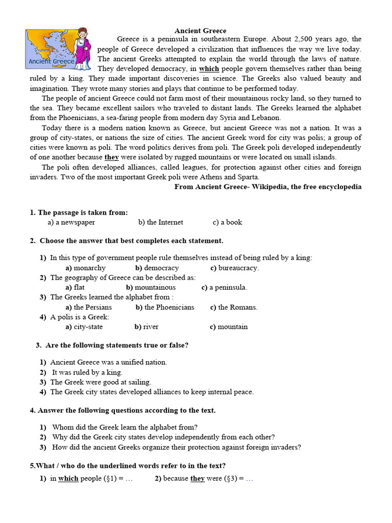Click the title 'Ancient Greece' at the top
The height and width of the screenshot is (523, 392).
click(201, 31)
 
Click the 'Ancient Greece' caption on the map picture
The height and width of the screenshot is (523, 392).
click(52, 62)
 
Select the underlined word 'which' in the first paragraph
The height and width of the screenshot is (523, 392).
click(209, 69)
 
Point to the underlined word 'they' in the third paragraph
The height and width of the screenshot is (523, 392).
click(111, 157)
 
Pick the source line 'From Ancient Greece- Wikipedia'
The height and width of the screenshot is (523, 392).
click(267, 187)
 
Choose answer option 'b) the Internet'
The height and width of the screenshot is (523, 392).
click(160, 222)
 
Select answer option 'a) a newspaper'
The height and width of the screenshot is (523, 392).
click(71, 222)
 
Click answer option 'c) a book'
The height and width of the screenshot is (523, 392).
click(227, 222)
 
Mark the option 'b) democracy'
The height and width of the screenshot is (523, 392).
click(157, 268)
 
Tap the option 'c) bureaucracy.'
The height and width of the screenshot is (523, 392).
click(234, 268)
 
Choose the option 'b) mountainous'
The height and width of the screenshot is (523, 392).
click(151, 288)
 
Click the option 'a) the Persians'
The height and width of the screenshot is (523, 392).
click(88, 307)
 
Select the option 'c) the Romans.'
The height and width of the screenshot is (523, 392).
click(234, 307)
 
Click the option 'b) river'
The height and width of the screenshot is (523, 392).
click(146, 327)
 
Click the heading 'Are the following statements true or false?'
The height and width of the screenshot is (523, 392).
click(116, 345)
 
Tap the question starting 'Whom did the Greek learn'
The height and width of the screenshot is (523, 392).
click(125, 427)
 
